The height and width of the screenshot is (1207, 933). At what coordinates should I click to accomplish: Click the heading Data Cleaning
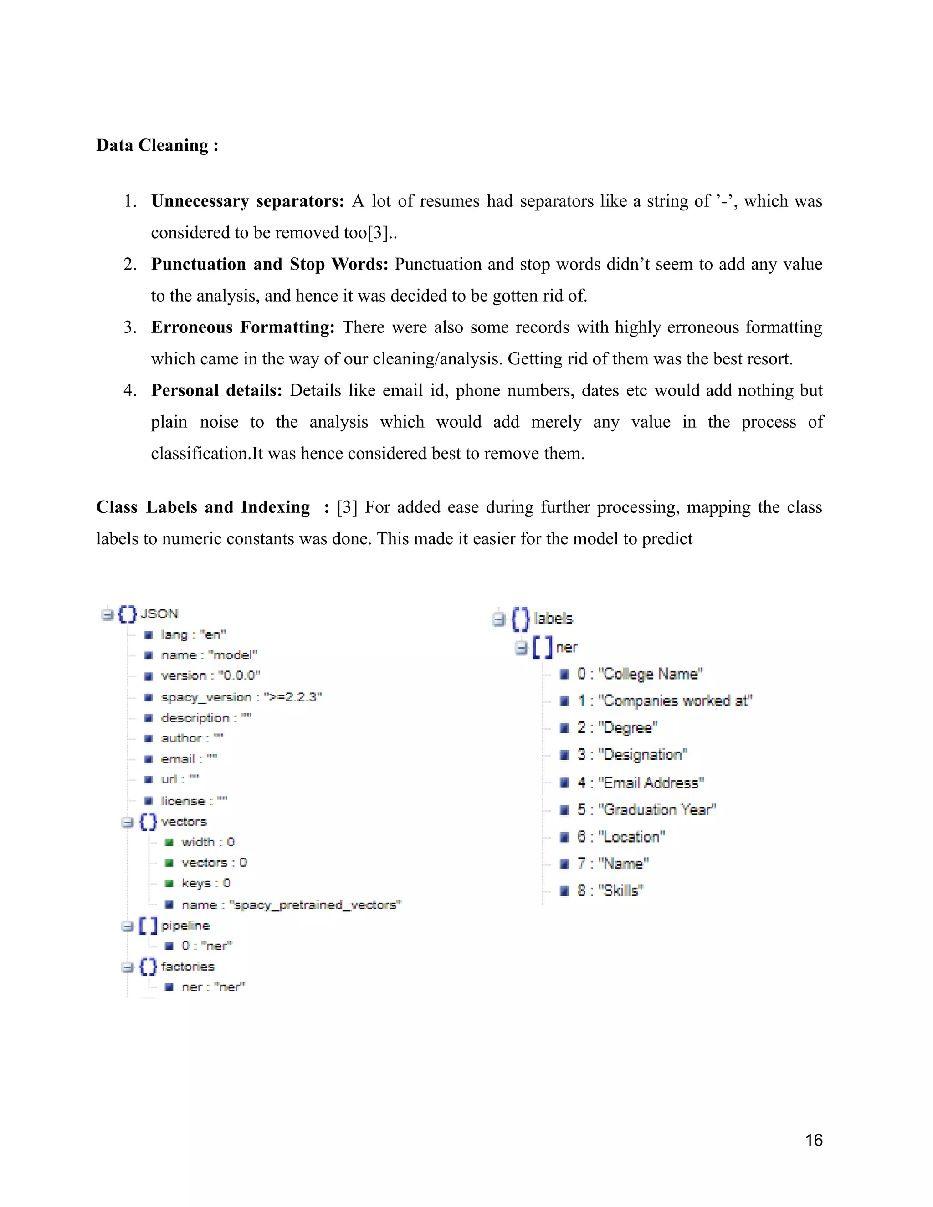pyautogui.click(x=157, y=145)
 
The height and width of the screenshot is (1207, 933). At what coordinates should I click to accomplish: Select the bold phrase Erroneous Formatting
pyautogui.click(x=243, y=327)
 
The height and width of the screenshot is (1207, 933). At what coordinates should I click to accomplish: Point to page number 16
pyautogui.click(x=814, y=1140)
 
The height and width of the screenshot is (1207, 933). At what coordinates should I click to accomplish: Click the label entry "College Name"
pyautogui.click(x=640, y=674)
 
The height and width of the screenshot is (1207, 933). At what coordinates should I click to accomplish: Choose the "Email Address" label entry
pyautogui.click(x=641, y=783)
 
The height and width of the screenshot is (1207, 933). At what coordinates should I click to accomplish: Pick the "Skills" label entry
pyautogui.click(x=610, y=890)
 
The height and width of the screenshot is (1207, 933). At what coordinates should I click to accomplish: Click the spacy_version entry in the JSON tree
pyautogui.click(x=241, y=697)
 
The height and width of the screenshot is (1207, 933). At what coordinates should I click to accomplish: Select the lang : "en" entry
pyautogui.click(x=193, y=634)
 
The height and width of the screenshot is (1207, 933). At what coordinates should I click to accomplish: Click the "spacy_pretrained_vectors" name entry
pyautogui.click(x=291, y=905)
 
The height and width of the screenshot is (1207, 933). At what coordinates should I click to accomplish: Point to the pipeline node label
pyautogui.click(x=185, y=925)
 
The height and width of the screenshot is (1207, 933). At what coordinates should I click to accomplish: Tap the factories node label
pyautogui.click(x=187, y=966)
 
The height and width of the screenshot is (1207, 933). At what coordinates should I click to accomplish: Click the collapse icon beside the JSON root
pyautogui.click(x=107, y=614)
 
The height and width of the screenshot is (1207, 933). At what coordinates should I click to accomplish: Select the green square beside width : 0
pyautogui.click(x=169, y=842)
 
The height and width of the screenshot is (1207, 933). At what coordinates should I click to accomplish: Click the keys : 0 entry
pyautogui.click(x=205, y=883)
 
